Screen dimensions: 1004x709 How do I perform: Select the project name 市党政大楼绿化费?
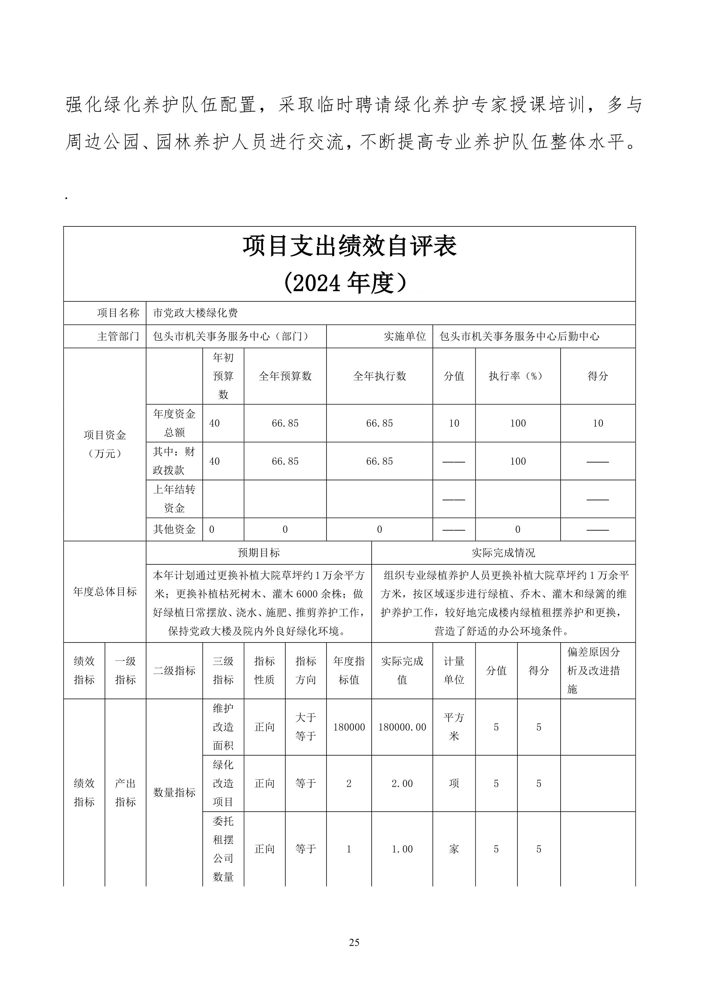195,313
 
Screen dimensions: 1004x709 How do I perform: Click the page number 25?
354,942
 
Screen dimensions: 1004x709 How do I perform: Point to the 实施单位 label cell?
405,336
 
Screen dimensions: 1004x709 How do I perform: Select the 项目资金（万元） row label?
105,444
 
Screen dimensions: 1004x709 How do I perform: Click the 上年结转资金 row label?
174,499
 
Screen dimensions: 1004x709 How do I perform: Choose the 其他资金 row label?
174,529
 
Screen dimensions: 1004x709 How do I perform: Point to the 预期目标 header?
259,553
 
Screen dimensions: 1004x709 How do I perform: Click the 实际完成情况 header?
503,553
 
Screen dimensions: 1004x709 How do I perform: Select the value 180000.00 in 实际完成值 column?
402,727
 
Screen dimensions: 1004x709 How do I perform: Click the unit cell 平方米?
454,727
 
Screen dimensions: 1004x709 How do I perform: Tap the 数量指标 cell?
174,792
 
